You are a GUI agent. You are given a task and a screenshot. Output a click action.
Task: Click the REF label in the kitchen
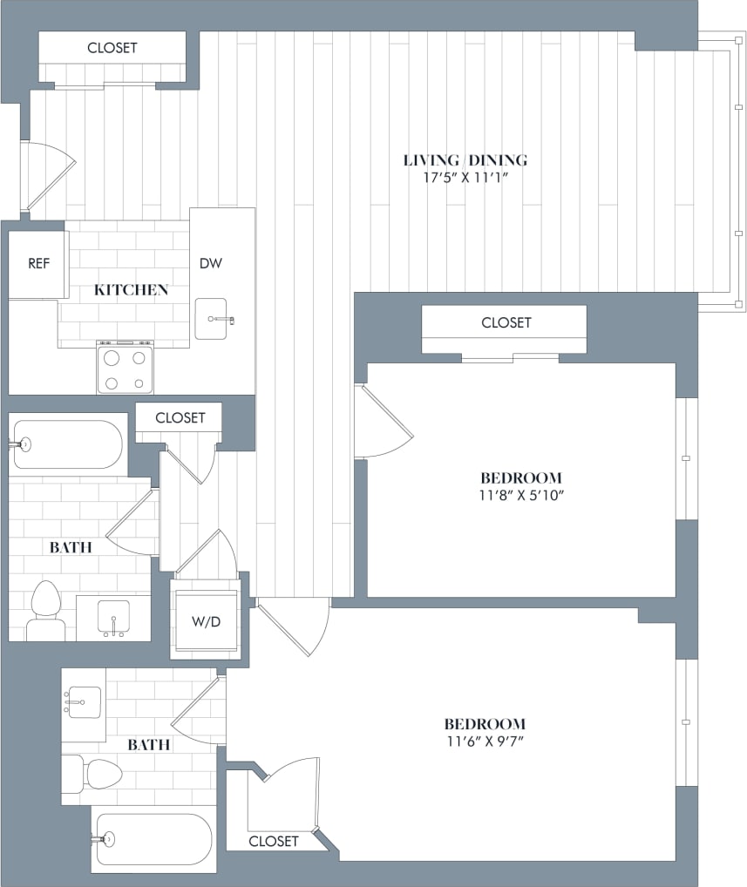pyautogui.click(x=38, y=264)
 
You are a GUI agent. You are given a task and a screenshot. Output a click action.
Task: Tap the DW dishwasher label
pyautogui.click(x=209, y=263)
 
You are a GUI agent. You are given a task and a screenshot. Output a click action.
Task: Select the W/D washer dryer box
pyautogui.click(x=205, y=622)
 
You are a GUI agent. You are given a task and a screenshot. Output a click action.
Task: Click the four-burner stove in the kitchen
pyautogui.click(x=125, y=369)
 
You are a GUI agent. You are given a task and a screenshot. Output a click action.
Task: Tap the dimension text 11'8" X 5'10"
pyautogui.click(x=520, y=496)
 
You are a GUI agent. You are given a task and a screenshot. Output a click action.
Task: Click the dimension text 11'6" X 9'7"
pyautogui.click(x=485, y=741)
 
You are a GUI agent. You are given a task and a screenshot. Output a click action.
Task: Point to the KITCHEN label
pyautogui.click(x=131, y=290)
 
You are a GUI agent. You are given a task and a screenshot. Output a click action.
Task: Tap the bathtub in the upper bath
pyautogui.click(x=68, y=444)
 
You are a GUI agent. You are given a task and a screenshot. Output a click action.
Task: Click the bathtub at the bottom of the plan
pyautogui.click(x=153, y=840)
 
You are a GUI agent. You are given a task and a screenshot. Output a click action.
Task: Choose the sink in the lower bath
pyautogui.click(x=83, y=701)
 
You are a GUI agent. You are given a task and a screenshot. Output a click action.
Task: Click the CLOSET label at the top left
pyautogui.click(x=112, y=48)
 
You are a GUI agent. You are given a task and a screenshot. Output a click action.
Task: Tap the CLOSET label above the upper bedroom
pyautogui.click(x=506, y=322)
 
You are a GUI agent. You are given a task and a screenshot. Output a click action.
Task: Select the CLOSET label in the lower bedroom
pyautogui.click(x=273, y=841)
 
